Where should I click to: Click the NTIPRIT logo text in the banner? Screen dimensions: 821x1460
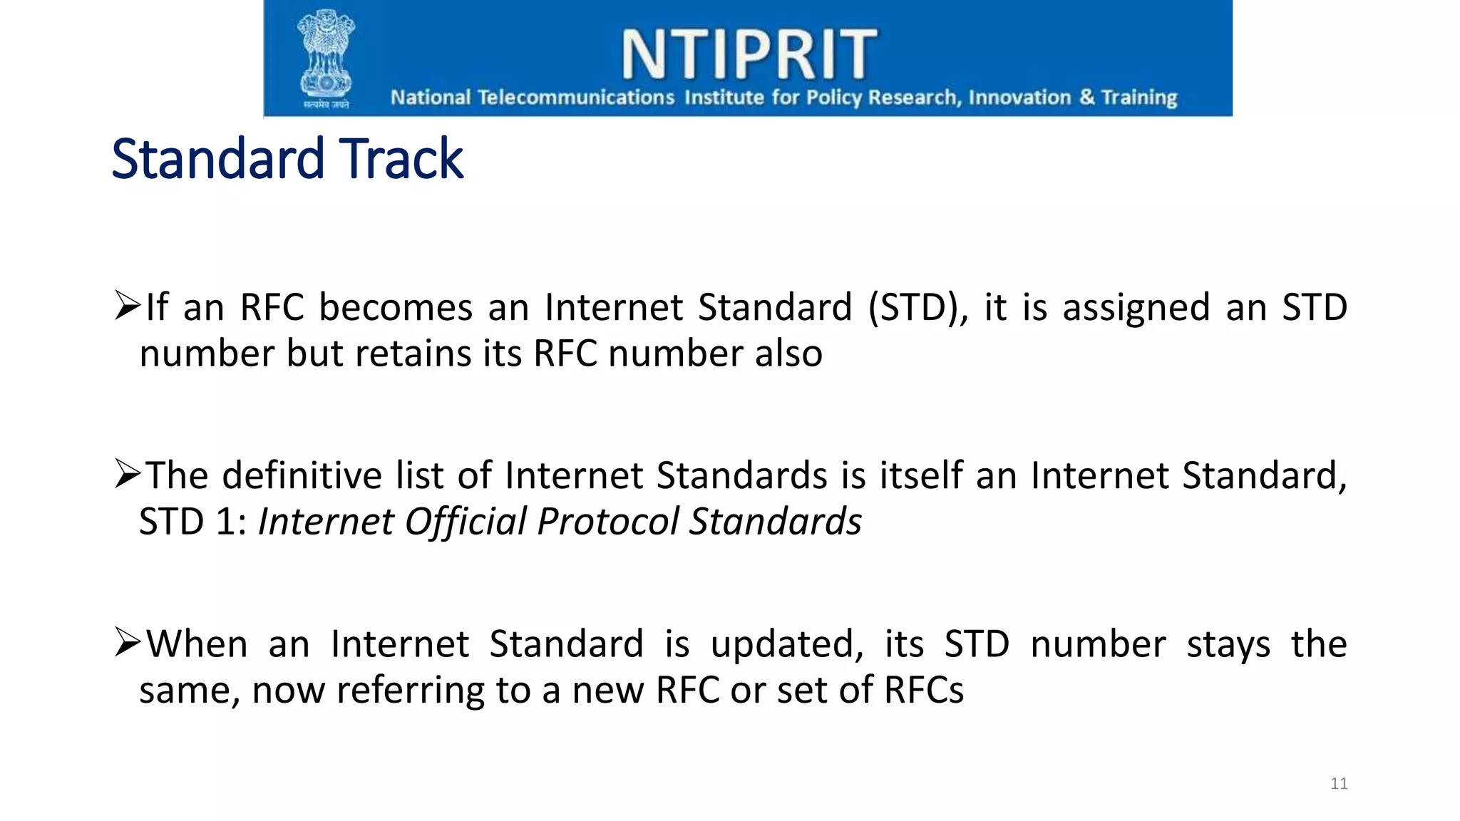(x=749, y=54)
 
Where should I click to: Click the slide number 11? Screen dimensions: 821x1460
(x=1339, y=784)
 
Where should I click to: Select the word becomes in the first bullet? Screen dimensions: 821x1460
(x=396, y=308)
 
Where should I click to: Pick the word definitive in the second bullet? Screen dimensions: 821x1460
(x=302, y=476)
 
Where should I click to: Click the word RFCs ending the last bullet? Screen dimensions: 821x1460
(x=924, y=690)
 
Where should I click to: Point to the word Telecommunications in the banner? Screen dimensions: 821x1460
(x=575, y=98)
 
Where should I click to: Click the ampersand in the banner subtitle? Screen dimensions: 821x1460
(x=1086, y=97)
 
